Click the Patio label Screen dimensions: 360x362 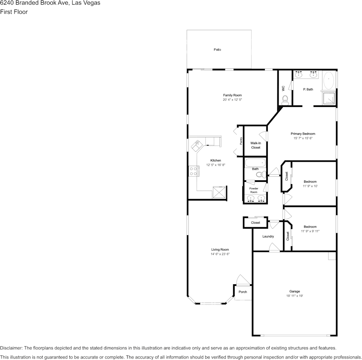(x=217, y=50)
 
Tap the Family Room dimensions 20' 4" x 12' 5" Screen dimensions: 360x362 (x=232, y=100)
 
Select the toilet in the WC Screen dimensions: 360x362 (x=285, y=100)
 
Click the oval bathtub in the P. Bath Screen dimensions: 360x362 (x=329, y=81)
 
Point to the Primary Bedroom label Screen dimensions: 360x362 (x=303, y=134)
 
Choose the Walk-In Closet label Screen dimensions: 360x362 (x=256, y=145)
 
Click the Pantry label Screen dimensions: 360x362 (x=241, y=142)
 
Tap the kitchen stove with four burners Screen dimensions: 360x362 (x=193, y=171)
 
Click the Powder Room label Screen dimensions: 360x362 (x=254, y=190)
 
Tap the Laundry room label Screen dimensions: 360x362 (x=268, y=236)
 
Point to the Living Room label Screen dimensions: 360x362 (x=220, y=250)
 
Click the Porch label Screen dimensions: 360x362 (x=243, y=292)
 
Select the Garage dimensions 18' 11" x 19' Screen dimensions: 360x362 (x=295, y=296)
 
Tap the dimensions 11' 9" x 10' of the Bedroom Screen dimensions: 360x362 (x=310, y=186)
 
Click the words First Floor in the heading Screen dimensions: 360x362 (x=14, y=12)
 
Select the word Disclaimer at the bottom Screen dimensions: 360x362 (x=11, y=348)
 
